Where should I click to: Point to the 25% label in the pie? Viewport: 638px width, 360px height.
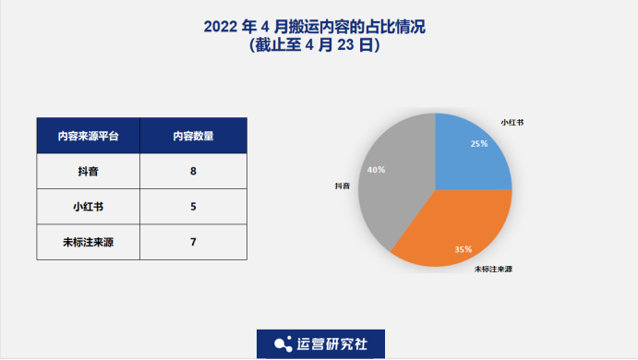[478, 144]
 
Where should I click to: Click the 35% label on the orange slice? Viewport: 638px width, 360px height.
[463, 249]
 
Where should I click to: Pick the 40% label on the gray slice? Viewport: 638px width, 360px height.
[376, 171]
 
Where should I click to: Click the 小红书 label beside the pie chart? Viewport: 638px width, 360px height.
[512, 122]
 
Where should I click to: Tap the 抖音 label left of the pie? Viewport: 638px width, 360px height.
[343, 186]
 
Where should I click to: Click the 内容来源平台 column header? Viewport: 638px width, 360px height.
[88, 136]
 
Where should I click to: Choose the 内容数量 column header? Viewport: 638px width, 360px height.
[193, 136]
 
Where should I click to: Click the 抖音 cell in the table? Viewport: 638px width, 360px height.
[88, 171]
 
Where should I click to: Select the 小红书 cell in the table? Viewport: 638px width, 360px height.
[88, 206]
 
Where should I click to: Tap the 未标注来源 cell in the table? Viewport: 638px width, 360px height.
[88, 242]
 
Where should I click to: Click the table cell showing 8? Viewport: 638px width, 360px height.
[193, 171]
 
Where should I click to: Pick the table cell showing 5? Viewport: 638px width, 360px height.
[193, 206]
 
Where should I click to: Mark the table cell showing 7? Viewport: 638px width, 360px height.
[193, 242]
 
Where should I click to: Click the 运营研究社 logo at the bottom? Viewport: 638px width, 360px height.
[320, 343]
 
